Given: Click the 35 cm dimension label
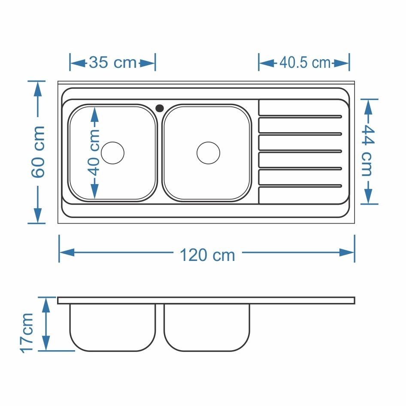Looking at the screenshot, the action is [x=112, y=63].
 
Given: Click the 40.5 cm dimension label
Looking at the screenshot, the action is [x=305, y=63].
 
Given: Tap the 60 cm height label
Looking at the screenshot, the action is [x=38, y=152].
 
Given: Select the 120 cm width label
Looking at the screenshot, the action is [x=207, y=255].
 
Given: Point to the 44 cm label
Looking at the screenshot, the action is [x=367, y=151].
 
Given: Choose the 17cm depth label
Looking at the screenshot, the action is [x=27, y=333].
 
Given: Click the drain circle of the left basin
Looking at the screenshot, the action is [x=112, y=153].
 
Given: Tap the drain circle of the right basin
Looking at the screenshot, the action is [x=209, y=153].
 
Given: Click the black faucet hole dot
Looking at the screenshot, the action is [x=160, y=108].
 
